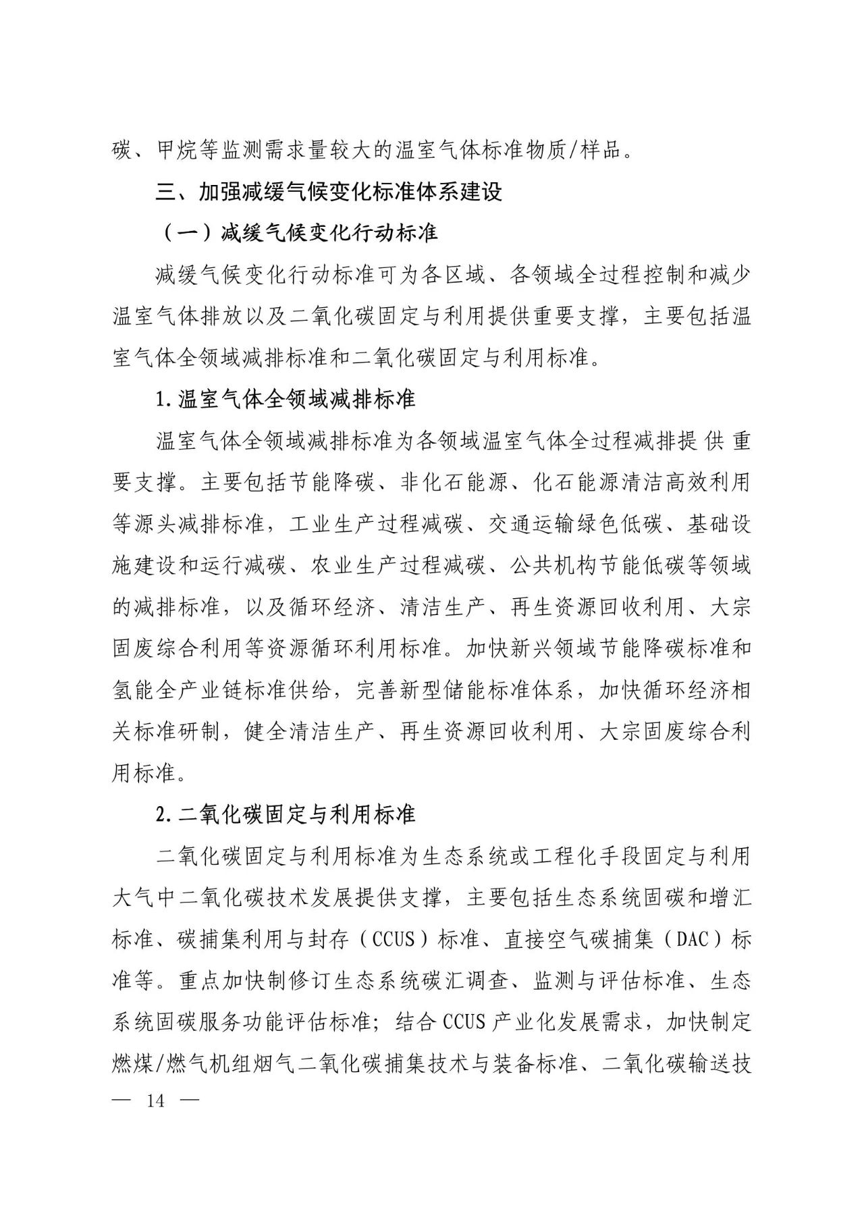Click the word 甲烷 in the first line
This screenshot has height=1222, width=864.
pos(178,150)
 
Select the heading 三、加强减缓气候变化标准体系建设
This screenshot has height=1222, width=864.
pos(329,192)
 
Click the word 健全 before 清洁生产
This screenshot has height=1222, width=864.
pos(266,732)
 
